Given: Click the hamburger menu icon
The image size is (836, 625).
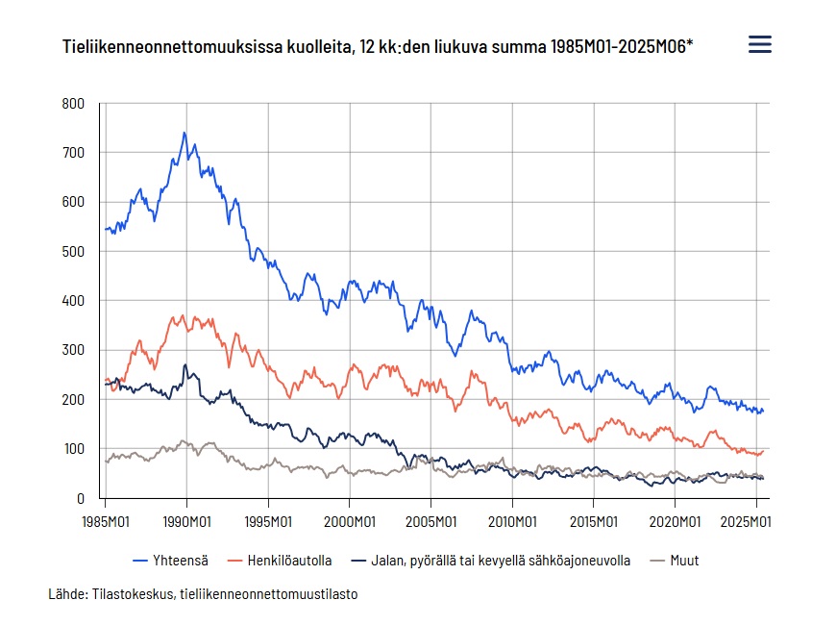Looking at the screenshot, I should [759, 44].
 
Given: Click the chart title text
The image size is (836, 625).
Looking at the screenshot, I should [378, 45].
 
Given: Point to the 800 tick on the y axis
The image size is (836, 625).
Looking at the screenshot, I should [73, 103].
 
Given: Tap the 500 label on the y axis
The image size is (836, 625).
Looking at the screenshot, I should [73, 251].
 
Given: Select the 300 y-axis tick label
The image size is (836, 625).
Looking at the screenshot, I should [73, 350].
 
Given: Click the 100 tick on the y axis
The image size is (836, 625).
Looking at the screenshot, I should [73, 449].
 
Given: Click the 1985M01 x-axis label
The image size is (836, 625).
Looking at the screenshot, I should [106, 522].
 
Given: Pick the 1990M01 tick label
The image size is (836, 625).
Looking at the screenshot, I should [186, 522].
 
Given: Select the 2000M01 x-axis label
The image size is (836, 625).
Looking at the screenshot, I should [349, 522].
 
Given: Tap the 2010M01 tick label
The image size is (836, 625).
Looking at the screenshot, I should [512, 522].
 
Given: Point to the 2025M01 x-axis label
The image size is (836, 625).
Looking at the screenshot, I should [747, 522].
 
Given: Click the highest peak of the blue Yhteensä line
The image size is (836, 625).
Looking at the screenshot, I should [184, 134].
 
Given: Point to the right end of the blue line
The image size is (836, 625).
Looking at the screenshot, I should [763, 411].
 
